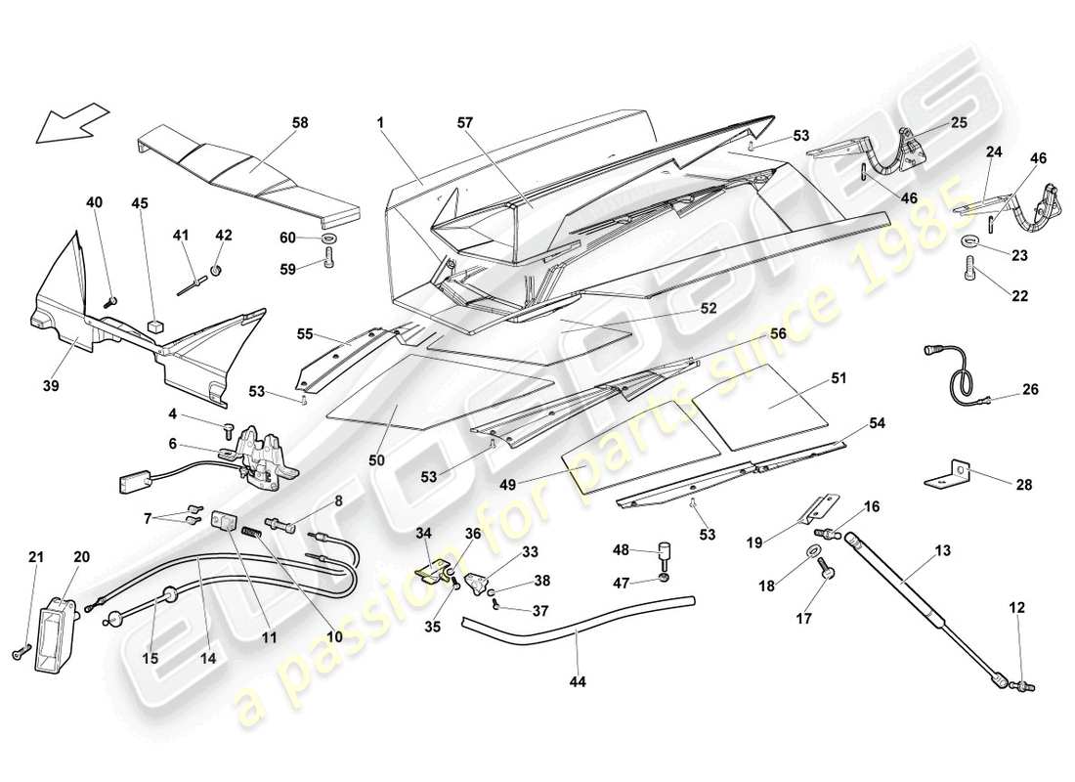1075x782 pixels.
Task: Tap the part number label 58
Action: click(x=299, y=122)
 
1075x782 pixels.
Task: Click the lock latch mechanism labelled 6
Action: click(x=262, y=455)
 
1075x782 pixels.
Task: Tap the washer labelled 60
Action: click(x=326, y=239)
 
